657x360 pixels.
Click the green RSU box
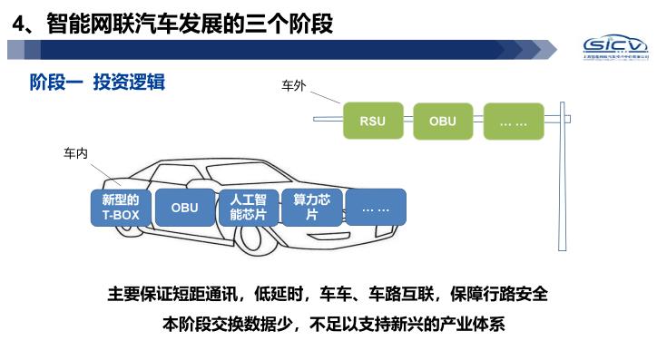(372, 121)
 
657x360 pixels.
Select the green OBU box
(443, 121)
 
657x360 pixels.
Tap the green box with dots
(514, 121)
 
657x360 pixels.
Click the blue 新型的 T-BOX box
(121, 208)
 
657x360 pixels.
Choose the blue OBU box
(184, 208)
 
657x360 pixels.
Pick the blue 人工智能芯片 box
(248, 208)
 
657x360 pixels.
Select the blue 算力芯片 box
(311, 208)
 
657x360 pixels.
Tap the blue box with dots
(375, 208)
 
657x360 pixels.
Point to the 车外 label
(294, 87)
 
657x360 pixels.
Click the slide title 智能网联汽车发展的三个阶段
(190, 22)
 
